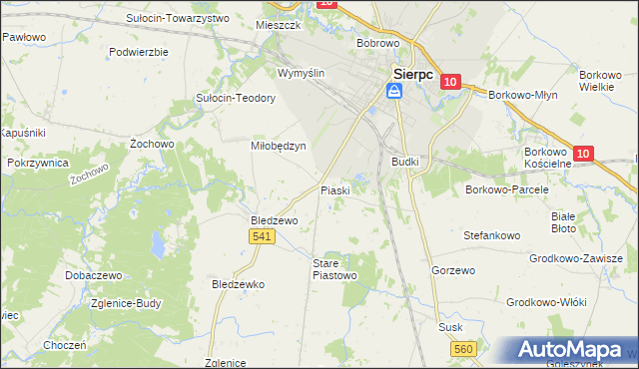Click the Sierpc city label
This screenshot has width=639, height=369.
pos(413,74)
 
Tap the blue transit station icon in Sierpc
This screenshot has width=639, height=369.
pos(395,92)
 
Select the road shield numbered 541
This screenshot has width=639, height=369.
pos(263,235)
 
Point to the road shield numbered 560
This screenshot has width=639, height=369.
pos(462,348)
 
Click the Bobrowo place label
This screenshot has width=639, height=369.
pos(378,44)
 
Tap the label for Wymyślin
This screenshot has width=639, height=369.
pos(302,74)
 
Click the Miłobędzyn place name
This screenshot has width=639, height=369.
pos(277,145)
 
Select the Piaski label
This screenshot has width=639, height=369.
pos(334,190)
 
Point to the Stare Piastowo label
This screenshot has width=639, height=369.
pos(333,268)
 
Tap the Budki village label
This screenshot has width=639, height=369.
pos(405,161)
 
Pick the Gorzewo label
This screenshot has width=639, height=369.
pos(451,270)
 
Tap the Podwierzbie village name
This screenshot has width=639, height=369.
pos(139,51)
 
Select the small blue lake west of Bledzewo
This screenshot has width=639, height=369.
pos(157,242)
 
